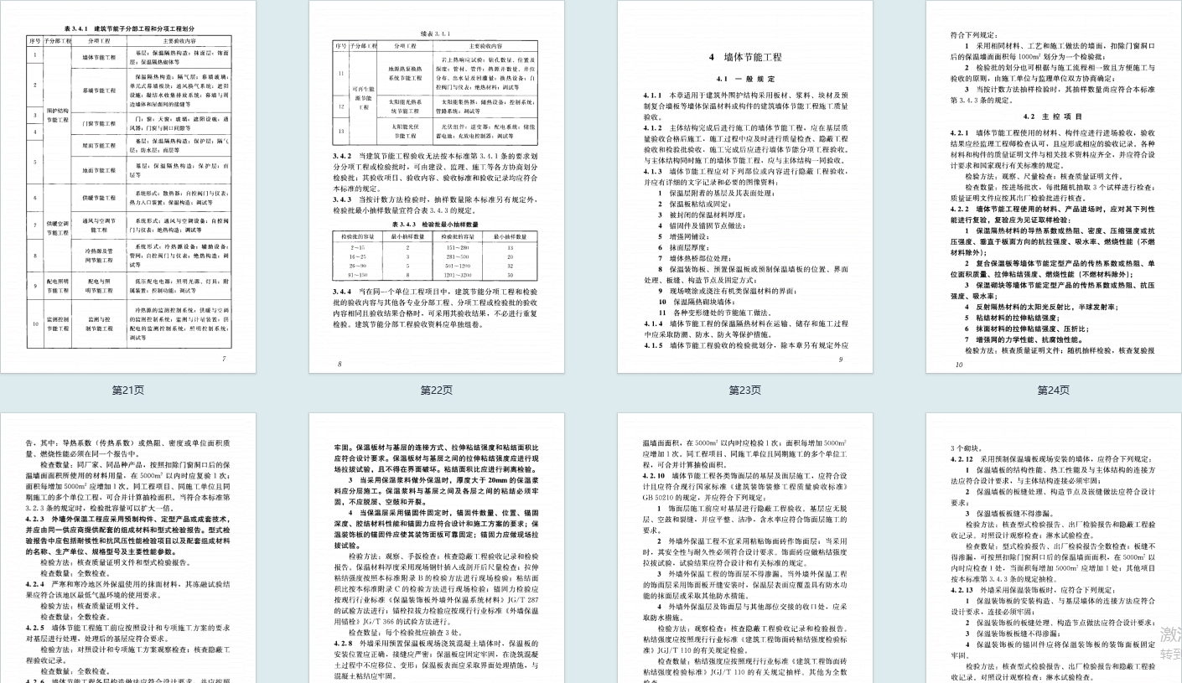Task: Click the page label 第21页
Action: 128,390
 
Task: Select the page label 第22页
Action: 436,390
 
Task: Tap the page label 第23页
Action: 744,390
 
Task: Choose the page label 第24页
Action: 1053,390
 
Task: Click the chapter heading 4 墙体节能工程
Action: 744,57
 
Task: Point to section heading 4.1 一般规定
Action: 744,78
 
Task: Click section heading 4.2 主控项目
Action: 1053,116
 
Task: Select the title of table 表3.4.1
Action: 128,28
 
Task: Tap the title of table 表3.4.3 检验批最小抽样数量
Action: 436,224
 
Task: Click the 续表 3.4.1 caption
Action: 436,34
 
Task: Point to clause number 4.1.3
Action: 653,170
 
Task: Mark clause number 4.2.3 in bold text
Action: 35,518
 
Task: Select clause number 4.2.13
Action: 962,589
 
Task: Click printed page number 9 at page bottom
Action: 840,360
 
